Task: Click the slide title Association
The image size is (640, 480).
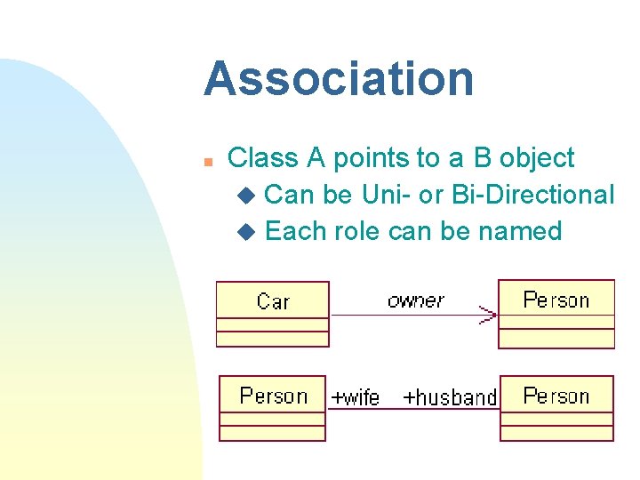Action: click(x=339, y=78)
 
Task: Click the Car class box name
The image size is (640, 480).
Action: click(x=273, y=301)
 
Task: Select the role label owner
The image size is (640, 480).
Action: click(x=415, y=300)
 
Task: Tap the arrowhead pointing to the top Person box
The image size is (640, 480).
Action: click(x=488, y=315)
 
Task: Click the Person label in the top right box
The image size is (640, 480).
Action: click(x=556, y=300)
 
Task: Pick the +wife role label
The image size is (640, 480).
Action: click(x=355, y=397)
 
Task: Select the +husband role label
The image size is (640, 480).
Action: click(x=450, y=397)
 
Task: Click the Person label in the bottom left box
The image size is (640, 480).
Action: click(x=273, y=396)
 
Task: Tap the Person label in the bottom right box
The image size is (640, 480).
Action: click(x=556, y=396)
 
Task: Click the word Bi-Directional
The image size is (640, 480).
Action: click(x=533, y=194)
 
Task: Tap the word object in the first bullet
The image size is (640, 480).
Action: click(x=537, y=158)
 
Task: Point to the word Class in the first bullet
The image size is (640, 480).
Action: click(x=264, y=158)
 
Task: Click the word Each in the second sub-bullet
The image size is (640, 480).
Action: click(x=296, y=231)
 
